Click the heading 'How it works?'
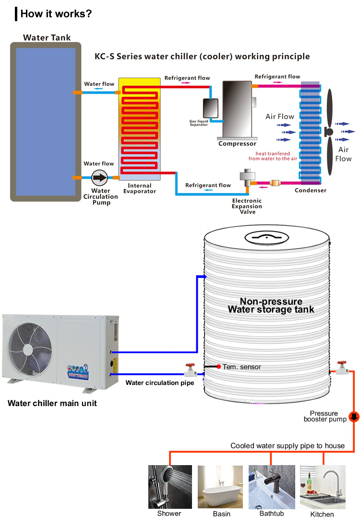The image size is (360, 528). pyautogui.click(x=56, y=13)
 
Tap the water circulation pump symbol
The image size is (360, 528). pyautogui.click(x=100, y=178)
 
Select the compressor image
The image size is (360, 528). pyautogui.click(x=237, y=109)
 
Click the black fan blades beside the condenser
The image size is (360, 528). pyautogui.click(x=329, y=132)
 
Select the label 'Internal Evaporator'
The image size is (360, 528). pyautogui.click(x=140, y=188)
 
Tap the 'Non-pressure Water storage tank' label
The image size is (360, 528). pyautogui.click(x=271, y=305)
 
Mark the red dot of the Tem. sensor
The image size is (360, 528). pyautogui.click(x=218, y=367)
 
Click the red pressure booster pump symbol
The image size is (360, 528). pyautogui.click(x=354, y=417)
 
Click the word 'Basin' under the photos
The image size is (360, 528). pyautogui.click(x=222, y=514)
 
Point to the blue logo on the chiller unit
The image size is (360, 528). pyautogui.click(x=80, y=372)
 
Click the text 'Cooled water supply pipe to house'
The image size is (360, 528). pyautogui.click(x=288, y=445)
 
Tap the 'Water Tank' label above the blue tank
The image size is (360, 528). pyautogui.click(x=47, y=37)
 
